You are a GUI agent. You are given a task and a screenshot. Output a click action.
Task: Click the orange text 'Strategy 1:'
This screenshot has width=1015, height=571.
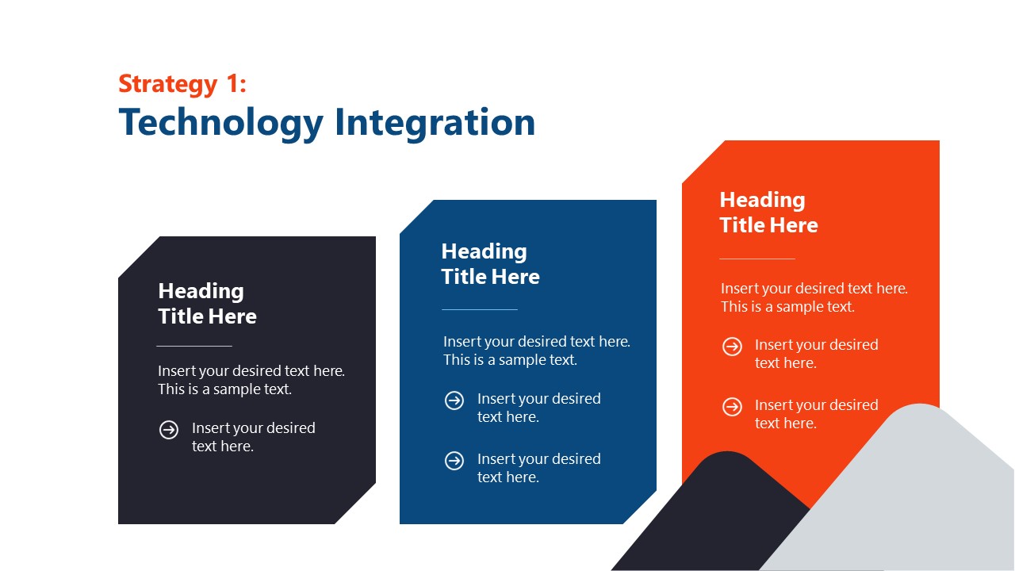[x=182, y=84]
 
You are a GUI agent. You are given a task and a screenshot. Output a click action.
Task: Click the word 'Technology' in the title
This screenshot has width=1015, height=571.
[x=221, y=123]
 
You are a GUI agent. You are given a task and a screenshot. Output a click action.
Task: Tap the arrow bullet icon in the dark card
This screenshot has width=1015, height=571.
[x=169, y=430]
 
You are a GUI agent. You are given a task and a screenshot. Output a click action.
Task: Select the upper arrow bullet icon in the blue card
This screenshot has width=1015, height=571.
[x=454, y=400]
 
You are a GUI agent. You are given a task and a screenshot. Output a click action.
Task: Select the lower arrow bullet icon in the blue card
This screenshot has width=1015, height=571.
[x=454, y=461]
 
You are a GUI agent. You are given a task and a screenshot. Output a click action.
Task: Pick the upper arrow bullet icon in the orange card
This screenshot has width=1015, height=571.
[x=732, y=347]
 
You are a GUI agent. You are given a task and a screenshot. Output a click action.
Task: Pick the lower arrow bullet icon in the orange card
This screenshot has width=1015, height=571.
[x=732, y=407]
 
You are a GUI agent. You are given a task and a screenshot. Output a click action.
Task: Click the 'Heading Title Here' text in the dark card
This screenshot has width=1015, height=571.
[x=207, y=304]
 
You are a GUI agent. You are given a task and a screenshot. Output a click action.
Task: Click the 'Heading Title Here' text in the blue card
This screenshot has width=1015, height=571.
[x=490, y=264]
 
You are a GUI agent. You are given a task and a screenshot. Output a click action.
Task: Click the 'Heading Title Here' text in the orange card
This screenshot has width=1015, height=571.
[x=768, y=213]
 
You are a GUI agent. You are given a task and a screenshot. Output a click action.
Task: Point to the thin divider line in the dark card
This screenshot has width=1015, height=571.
[x=194, y=346]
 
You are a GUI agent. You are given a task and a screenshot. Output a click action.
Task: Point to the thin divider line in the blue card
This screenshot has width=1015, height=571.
[x=479, y=309]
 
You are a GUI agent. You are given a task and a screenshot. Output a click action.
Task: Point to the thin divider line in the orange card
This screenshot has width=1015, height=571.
[x=756, y=259]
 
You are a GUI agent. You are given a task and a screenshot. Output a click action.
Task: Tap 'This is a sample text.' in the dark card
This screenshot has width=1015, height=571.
[x=224, y=389]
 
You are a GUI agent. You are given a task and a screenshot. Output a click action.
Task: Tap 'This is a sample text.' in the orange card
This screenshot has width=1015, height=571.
[x=787, y=307]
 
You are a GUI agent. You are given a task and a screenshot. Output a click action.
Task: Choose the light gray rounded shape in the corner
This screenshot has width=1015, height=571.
[x=912, y=500]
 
